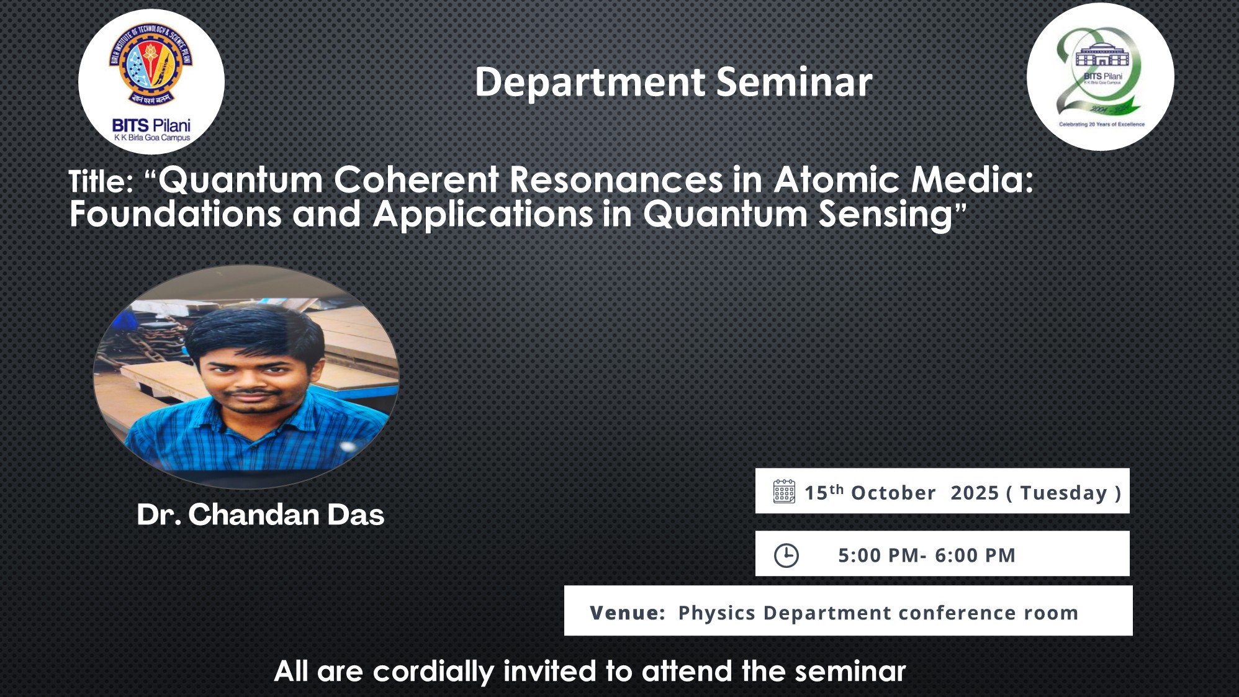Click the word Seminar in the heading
point(795,82)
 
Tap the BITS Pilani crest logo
point(151,82)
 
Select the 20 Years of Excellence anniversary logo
point(1101,77)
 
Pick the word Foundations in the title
point(176,214)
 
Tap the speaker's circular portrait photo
point(246,376)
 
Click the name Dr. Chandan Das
point(261,515)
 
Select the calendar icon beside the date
point(784,492)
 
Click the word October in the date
point(893,493)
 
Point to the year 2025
point(975,493)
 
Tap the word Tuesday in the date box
point(1064,493)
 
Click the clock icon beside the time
point(786,555)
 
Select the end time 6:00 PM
point(975,555)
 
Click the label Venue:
point(628,613)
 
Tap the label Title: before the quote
point(101,182)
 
